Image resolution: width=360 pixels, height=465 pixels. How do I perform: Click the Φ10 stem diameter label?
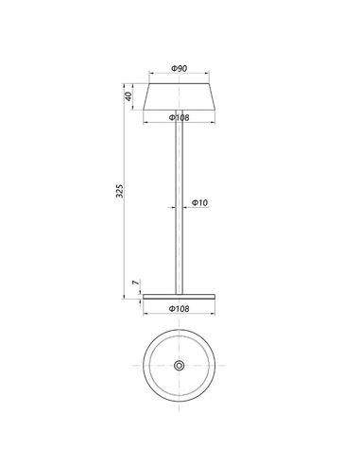tap(199, 203)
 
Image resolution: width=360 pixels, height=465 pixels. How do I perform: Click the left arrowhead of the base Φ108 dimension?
tap(146, 301)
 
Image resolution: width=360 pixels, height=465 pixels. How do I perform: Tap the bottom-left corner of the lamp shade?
tap(145, 108)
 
